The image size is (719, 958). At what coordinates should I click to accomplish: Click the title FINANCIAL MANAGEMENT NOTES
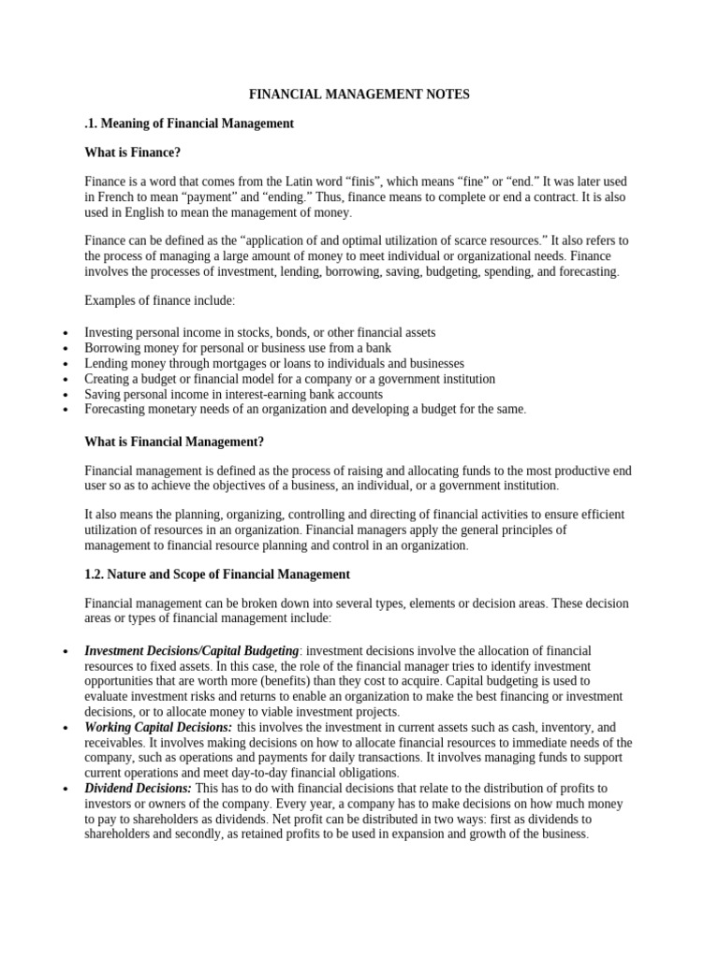pos(359,94)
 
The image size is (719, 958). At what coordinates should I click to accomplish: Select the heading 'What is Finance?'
pos(132,152)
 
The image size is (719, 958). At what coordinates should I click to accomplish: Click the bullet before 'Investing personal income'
pos(64,334)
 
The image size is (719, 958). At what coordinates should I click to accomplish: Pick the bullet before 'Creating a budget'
pos(64,380)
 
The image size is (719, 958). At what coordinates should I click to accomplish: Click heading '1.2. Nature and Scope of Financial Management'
pos(217,573)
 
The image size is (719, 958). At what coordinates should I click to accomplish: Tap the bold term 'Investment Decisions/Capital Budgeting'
pos(192,650)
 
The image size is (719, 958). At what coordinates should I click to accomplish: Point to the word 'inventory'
pos(542,727)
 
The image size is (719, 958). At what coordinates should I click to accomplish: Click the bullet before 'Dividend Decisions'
pos(64,790)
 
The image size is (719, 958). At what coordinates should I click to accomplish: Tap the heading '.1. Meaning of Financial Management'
pos(189,123)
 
